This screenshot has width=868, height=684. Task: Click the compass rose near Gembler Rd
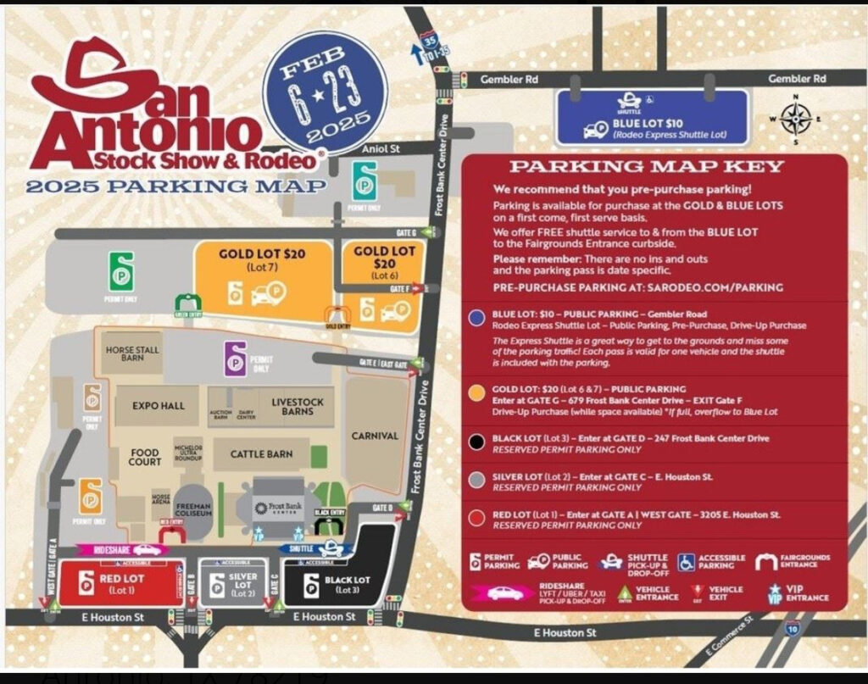tap(795, 119)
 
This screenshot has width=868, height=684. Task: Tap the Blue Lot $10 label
tap(659, 123)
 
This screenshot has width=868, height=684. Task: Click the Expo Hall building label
tap(158, 406)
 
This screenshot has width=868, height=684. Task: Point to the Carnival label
tap(375, 436)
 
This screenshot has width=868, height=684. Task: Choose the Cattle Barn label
tap(261, 454)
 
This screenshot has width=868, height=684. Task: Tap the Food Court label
tap(146, 457)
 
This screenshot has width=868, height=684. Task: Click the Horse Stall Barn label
tap(132, 354)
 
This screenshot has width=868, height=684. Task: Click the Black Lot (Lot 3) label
tap(347, 584)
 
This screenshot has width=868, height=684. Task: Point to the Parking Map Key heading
tap(646, 167)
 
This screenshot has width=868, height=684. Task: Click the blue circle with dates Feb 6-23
tap(320, 95)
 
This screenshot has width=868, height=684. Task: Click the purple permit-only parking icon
tap(235, 359)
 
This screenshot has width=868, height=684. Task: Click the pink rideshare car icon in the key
tap(504, 593)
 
